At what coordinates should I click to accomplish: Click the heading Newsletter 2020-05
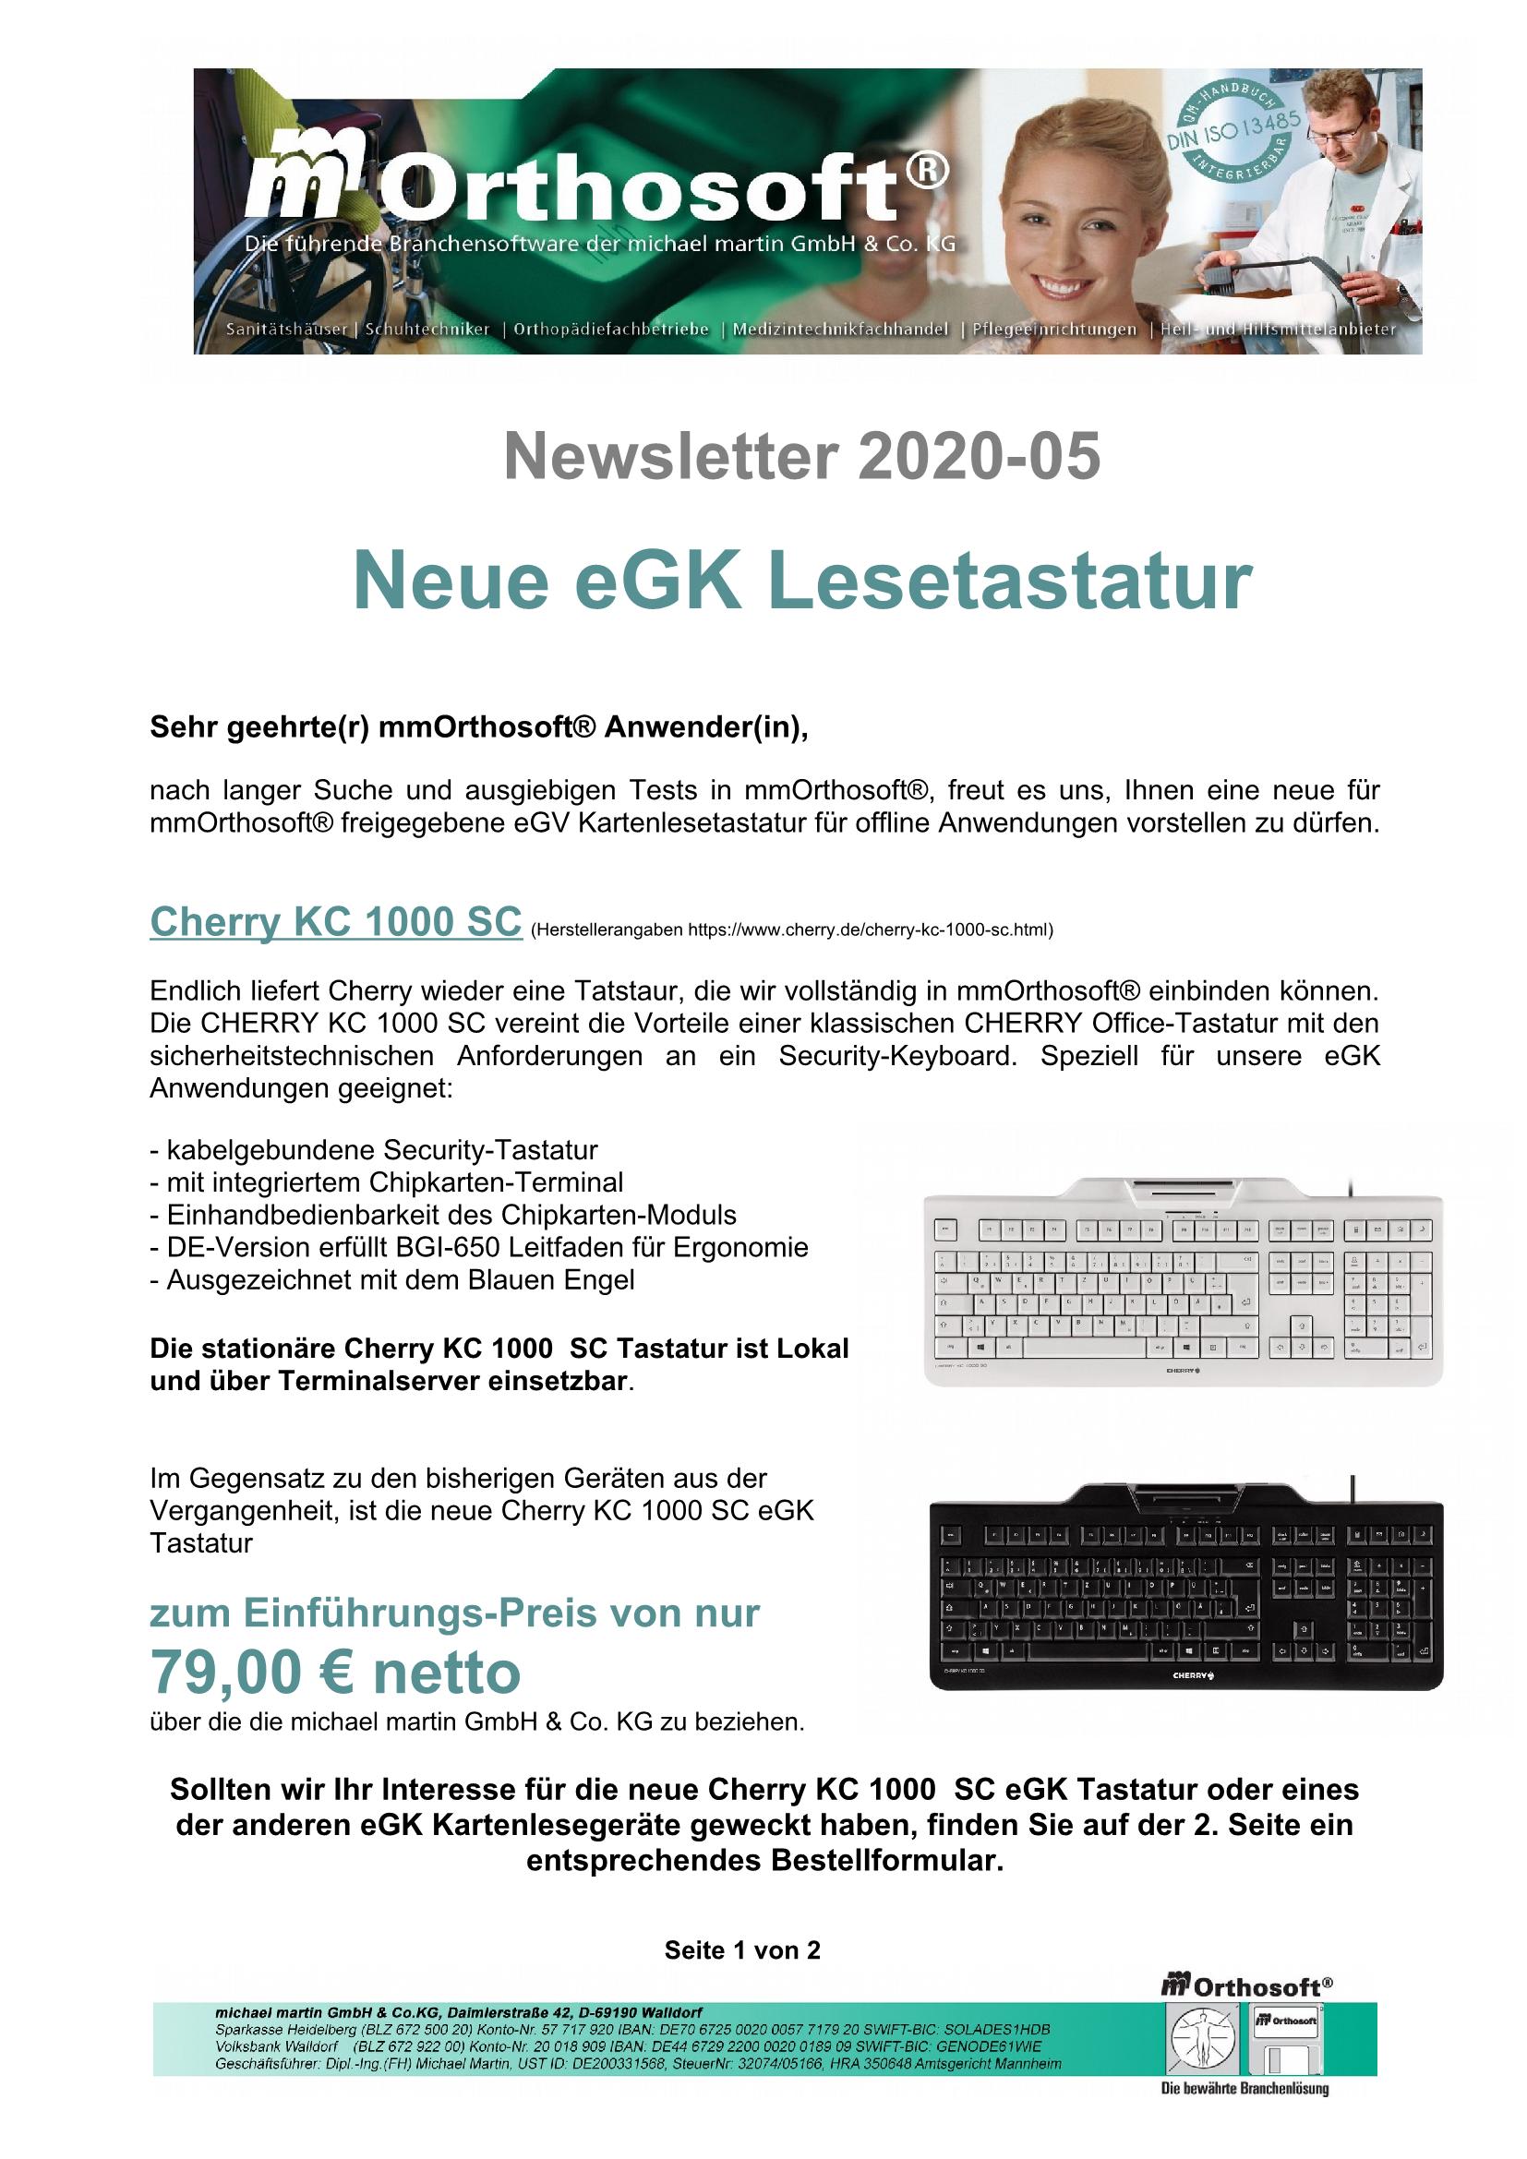pyautogui.click(x=802, y=457)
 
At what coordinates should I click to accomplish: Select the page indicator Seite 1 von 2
pyautogui.click(x=742, y=1950)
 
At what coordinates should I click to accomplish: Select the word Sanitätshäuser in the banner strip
pyautogui.click(x=286, y=330)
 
